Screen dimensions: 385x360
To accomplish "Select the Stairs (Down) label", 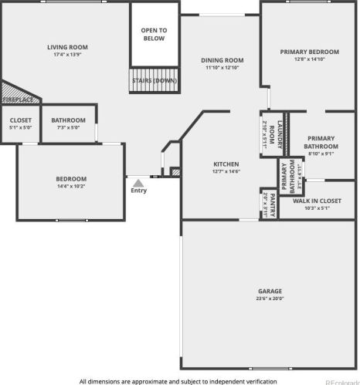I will click(x=155, y=80).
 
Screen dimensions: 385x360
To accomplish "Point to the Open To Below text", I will click(x=154, y=35).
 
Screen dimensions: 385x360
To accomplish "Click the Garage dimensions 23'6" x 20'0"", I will click(x=270, y=299).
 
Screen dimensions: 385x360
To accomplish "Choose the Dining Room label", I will click(x=222, y=60).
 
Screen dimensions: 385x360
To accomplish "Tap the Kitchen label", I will click(x=226, y=164).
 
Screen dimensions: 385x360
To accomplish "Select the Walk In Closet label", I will click(x=317, y=201).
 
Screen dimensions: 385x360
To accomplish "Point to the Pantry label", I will click(x=273, y=202).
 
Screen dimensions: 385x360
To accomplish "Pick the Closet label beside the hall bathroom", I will click(x=21, y=120).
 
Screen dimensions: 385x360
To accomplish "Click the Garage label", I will click(x=270, y=291).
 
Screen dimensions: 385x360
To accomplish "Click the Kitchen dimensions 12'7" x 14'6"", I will click(x=226, y=171).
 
